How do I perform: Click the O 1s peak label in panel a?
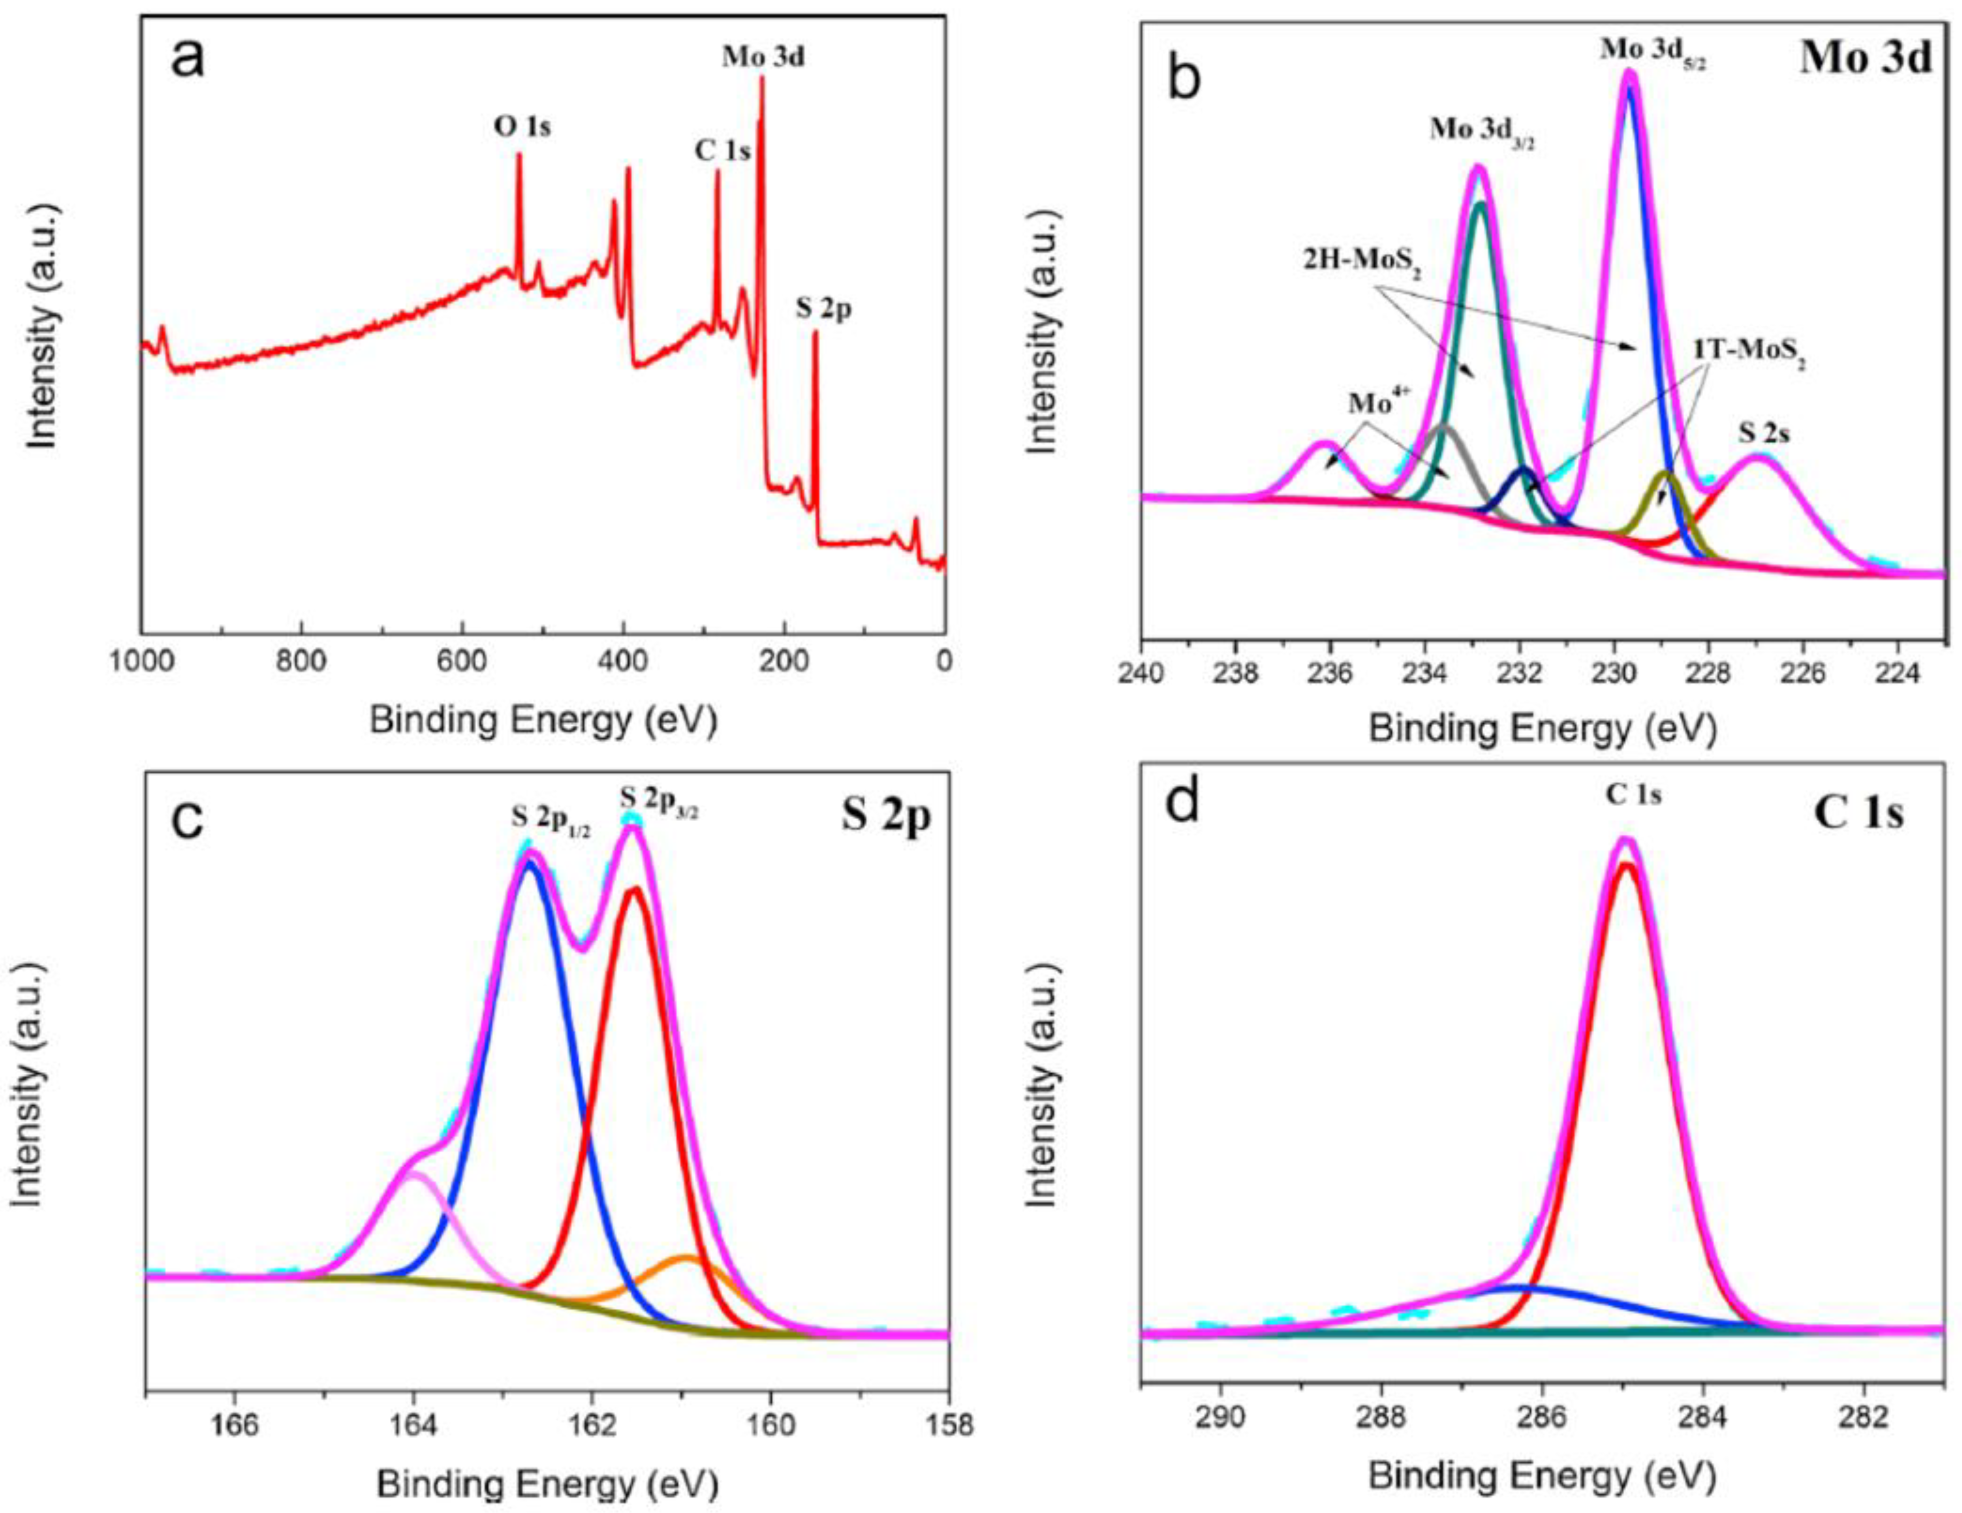[x=522, y=128]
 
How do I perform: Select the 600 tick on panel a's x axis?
[x=462, y=662]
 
